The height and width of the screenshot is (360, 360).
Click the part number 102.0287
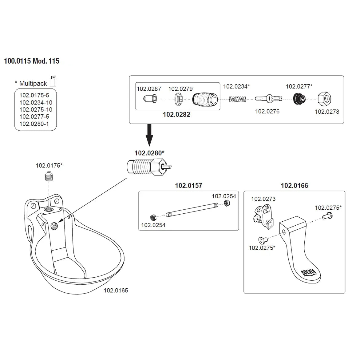pos(149,89)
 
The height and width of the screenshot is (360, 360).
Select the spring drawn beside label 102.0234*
pos(238,99)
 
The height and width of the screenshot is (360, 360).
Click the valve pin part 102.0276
pos(267,99)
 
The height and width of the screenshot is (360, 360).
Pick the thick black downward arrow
pos(150,135)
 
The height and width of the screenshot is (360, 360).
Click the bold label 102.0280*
pos(149,153)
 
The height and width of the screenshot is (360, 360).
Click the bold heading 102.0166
pos(294,186)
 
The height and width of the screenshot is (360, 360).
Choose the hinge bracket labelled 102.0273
pos(263,216)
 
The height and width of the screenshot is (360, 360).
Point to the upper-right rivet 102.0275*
pos(327,216)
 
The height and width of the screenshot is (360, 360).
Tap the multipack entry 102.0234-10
pos(36,103)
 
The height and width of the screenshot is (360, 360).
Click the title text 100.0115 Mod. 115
pos(32,61)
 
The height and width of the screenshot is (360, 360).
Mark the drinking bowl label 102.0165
pos(116,291)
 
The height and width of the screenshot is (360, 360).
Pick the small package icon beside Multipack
pos(53,81)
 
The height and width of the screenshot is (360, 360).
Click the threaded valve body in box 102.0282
pos(205,99)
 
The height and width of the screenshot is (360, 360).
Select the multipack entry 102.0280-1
pos(34,124)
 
